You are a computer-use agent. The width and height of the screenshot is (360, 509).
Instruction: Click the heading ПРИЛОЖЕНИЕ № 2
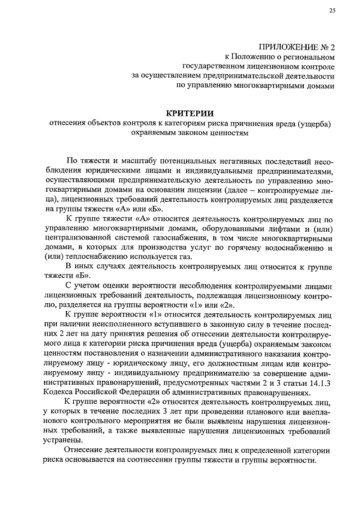297,47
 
